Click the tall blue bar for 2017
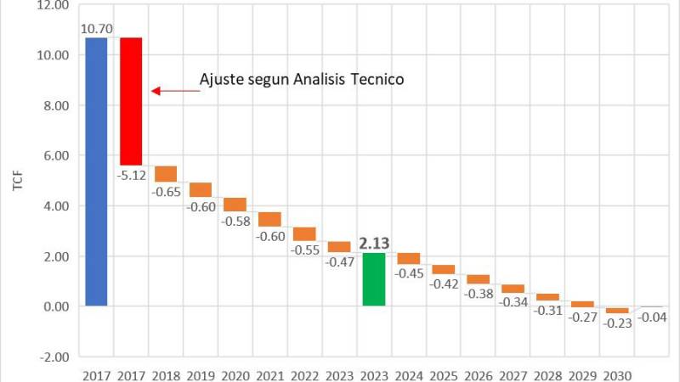pyautogui.click(x=95, y=171)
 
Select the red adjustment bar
pyautogui.click(x=130, y=101)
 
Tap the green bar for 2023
pyautogui.click(x=374, y=279)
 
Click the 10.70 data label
pyautogui.click(x=94, y=30)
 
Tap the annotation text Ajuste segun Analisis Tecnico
pyautogui.click(x=301, y=79)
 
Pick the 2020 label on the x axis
pyautogui.click(x=235, y=373)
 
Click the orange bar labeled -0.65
pyautogui.click(x=166, y=173)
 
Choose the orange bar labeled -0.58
pyautogui.click(x=235, y=205)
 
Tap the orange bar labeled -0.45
pyautogui.click(x=409, y=258)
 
